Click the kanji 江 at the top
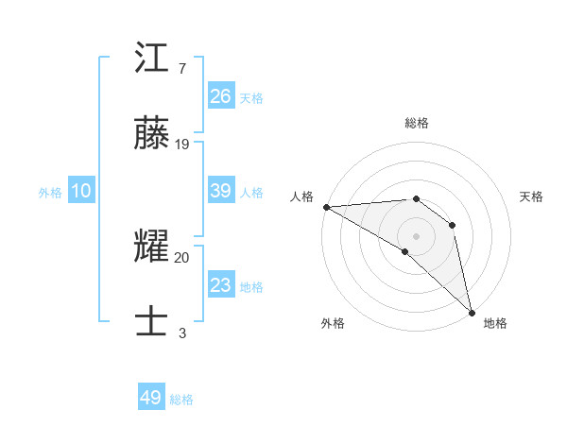coord(151,61)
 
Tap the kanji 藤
coord(151,136)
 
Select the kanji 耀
coord(151,248)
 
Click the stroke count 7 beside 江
coord(182,69)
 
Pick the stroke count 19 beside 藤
coord(182,144)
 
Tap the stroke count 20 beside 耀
coord(182,256)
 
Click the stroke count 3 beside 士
coord(182,332)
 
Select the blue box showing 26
coord(221,96)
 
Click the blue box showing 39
coord(221,191)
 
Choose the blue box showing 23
coord(221,285)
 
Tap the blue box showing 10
coord(81,191)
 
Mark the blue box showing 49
coord(151,398)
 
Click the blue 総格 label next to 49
coord(181,400)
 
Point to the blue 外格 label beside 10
coord(50,193)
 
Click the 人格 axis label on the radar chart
coord(301,196)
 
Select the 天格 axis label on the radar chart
coord(531,196)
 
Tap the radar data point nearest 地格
coord(472,311)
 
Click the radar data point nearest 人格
coord(326,207)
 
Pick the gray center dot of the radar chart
coord(416,235)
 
